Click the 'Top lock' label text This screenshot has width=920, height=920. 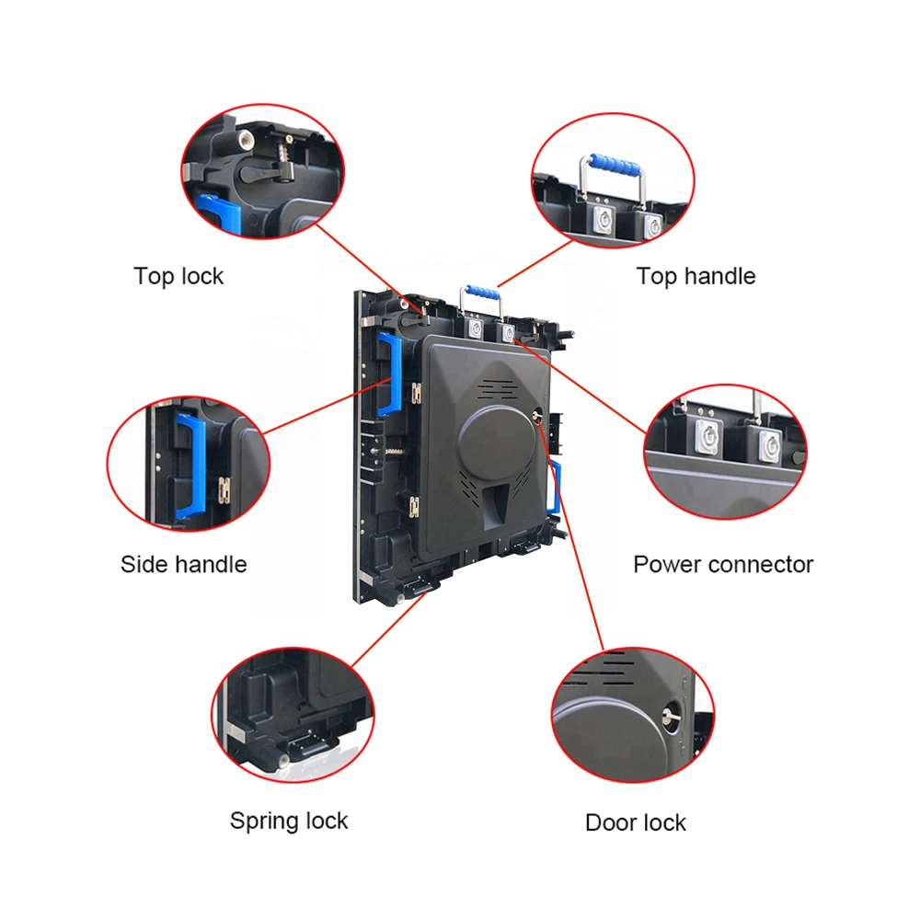coord(178,276)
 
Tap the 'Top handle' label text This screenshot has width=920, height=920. coord(696,276)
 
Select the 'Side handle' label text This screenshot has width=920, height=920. coord(183,564)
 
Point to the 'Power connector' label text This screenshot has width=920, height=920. coord(723,564)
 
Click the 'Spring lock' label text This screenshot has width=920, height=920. coord(289,821)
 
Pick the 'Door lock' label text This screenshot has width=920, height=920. coord(636,822)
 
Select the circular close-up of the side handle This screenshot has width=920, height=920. coord(189,464)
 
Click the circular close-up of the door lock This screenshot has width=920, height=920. coord(632,716)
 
